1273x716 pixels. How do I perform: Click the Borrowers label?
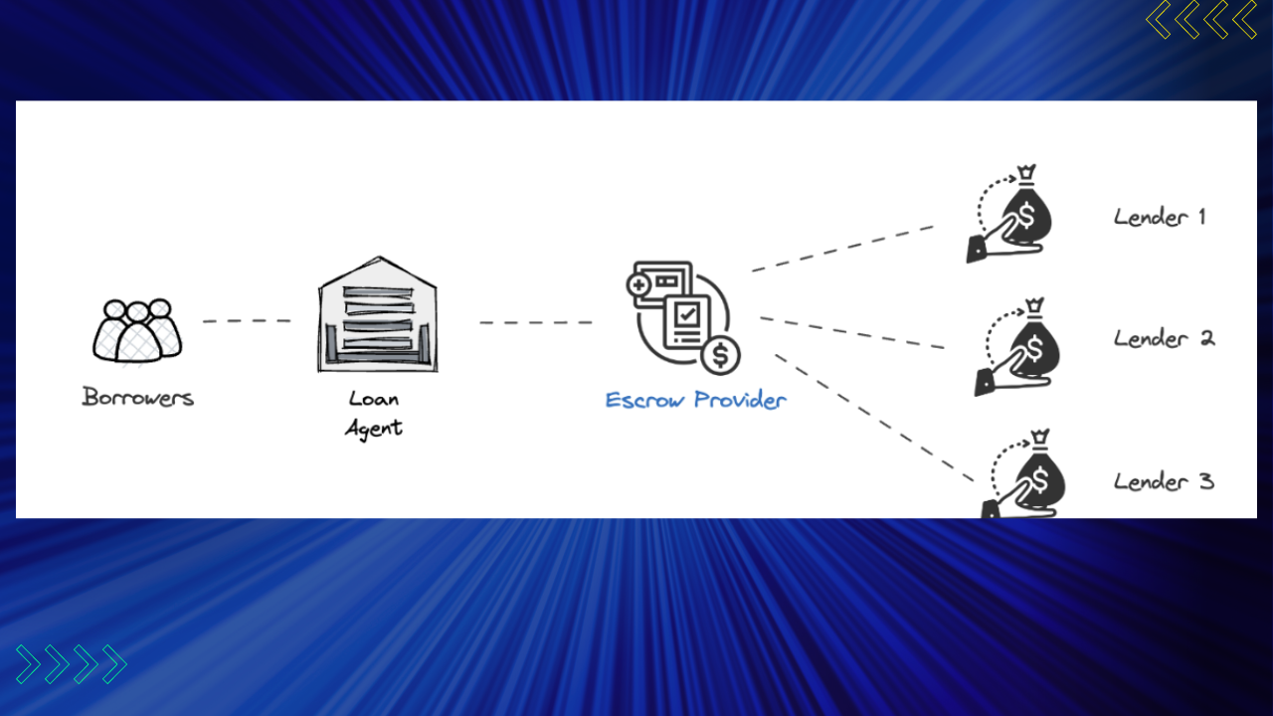[138, 397]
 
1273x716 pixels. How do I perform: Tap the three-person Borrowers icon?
[137, 331]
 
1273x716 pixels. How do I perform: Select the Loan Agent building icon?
[378, 314]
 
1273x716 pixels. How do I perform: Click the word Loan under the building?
[373, 399]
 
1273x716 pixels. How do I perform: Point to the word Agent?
[373, 429]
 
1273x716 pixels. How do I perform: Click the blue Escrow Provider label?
[695, 400]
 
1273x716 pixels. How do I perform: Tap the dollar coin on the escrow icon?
[721, 355]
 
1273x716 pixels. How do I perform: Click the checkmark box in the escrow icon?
[687, 313]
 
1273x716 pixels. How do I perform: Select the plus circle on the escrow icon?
[638, 284]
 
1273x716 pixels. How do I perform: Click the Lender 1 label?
[1160, 217]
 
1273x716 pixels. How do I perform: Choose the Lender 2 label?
[1164, 339]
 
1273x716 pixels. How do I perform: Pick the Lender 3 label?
[1164, 482]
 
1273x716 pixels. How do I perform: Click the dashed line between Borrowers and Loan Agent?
[248, 321]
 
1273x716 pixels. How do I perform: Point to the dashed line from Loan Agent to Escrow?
[536, 323]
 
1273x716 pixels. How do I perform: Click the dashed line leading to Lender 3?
[874, 419]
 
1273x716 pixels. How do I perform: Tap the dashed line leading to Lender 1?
[842, 249]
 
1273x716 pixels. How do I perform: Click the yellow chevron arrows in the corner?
[1200, 20]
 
